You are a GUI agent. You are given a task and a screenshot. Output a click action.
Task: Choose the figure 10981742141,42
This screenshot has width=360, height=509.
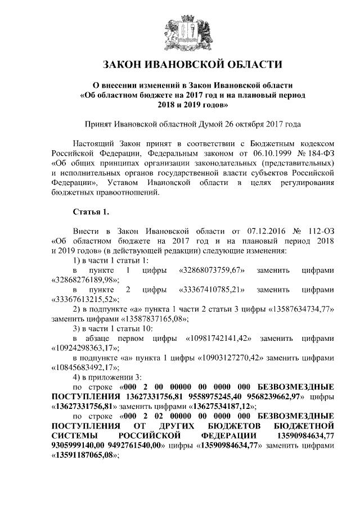218,339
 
